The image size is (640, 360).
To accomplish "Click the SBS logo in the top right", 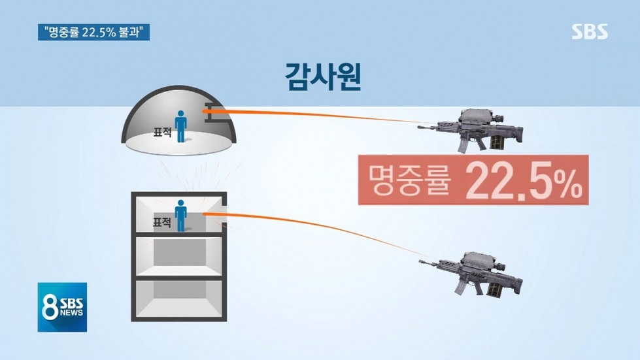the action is click(590, 31).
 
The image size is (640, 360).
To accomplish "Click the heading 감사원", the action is click(322, 76).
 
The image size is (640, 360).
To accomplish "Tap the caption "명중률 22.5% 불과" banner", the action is click(94, 32).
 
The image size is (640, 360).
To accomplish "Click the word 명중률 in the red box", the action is click(410, 180).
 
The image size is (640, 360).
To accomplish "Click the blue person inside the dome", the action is click(180, 126).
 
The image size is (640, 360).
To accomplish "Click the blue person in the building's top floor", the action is click(180, 215).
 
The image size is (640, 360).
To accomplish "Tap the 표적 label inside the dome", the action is click(162, 132).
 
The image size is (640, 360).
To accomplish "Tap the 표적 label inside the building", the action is click(162, 222).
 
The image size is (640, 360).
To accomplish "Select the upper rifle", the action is click(470, 130).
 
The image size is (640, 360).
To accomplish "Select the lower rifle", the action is click(471, 273).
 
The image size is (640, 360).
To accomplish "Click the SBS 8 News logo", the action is click(63, 307).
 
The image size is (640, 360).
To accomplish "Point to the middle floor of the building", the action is click(178, 255).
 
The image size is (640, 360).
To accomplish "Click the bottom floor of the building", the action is click(178, 299).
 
